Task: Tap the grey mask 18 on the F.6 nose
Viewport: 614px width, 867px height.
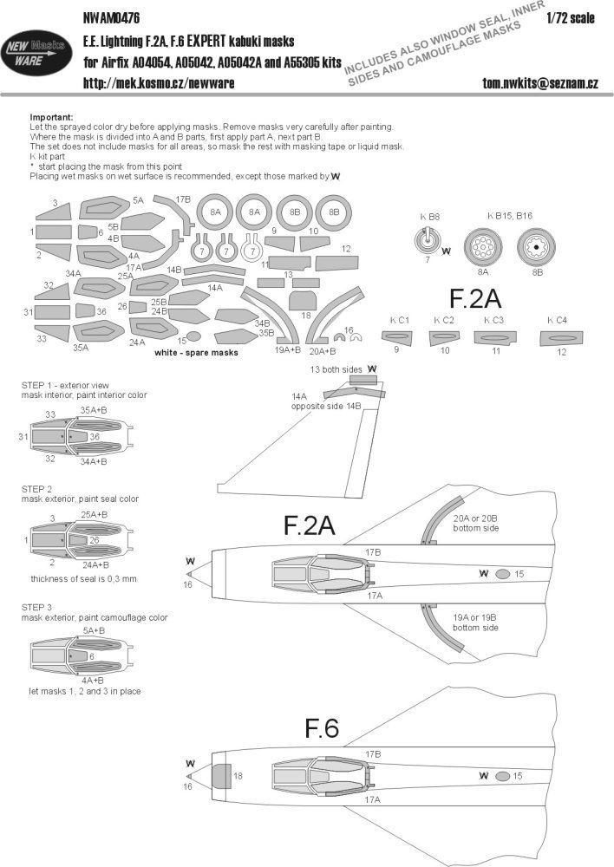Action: (221, 776)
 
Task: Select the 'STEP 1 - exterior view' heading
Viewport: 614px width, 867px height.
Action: (70, 384)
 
